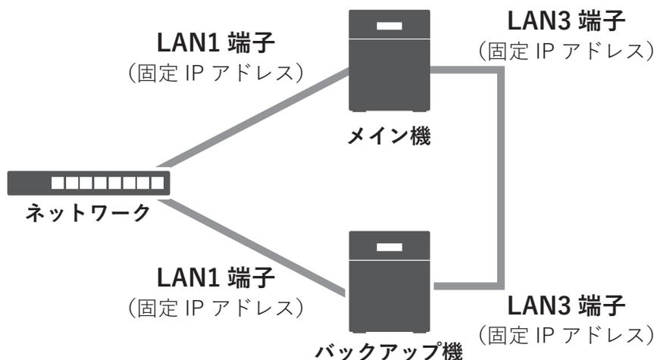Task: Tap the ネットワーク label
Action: [x=85, y=214]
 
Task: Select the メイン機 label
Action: [x=389, y=139]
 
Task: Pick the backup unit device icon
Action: [x=389, y=283]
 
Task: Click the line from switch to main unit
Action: [x=258, y=117]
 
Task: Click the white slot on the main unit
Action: [x=389, y=27]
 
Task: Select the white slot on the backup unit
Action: [x=389, y=248]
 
